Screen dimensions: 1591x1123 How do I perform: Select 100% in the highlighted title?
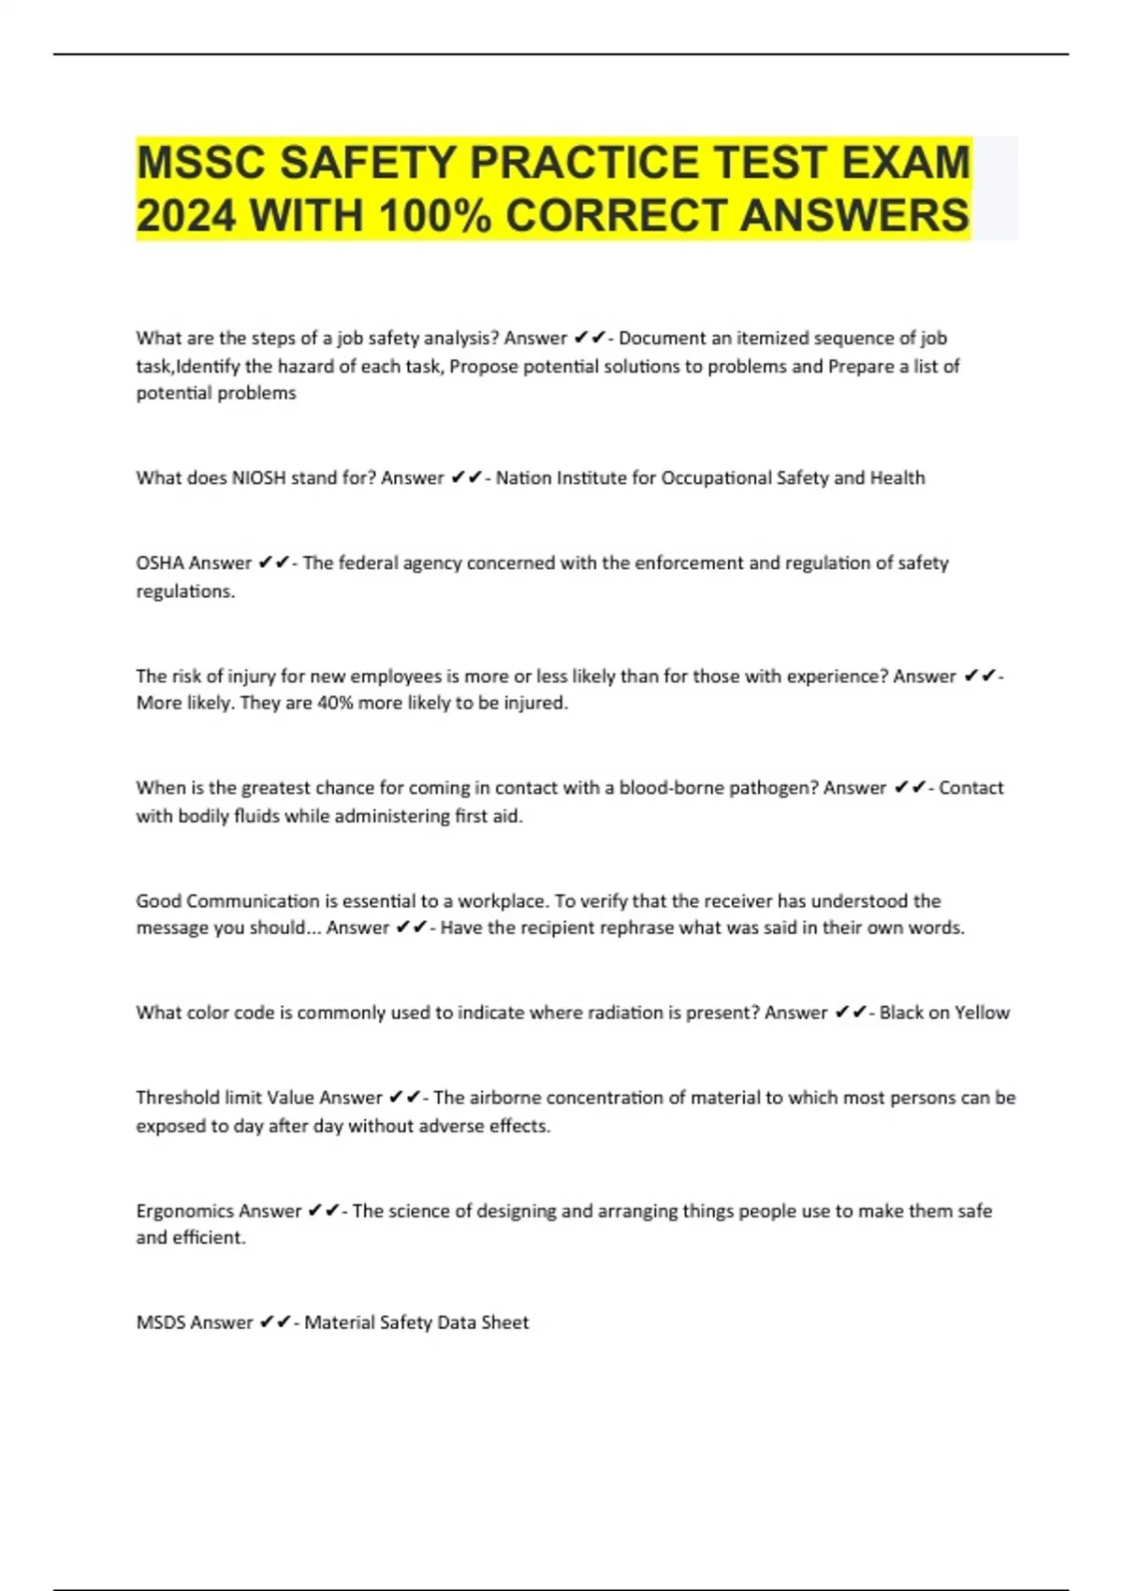[x=435, y=216]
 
